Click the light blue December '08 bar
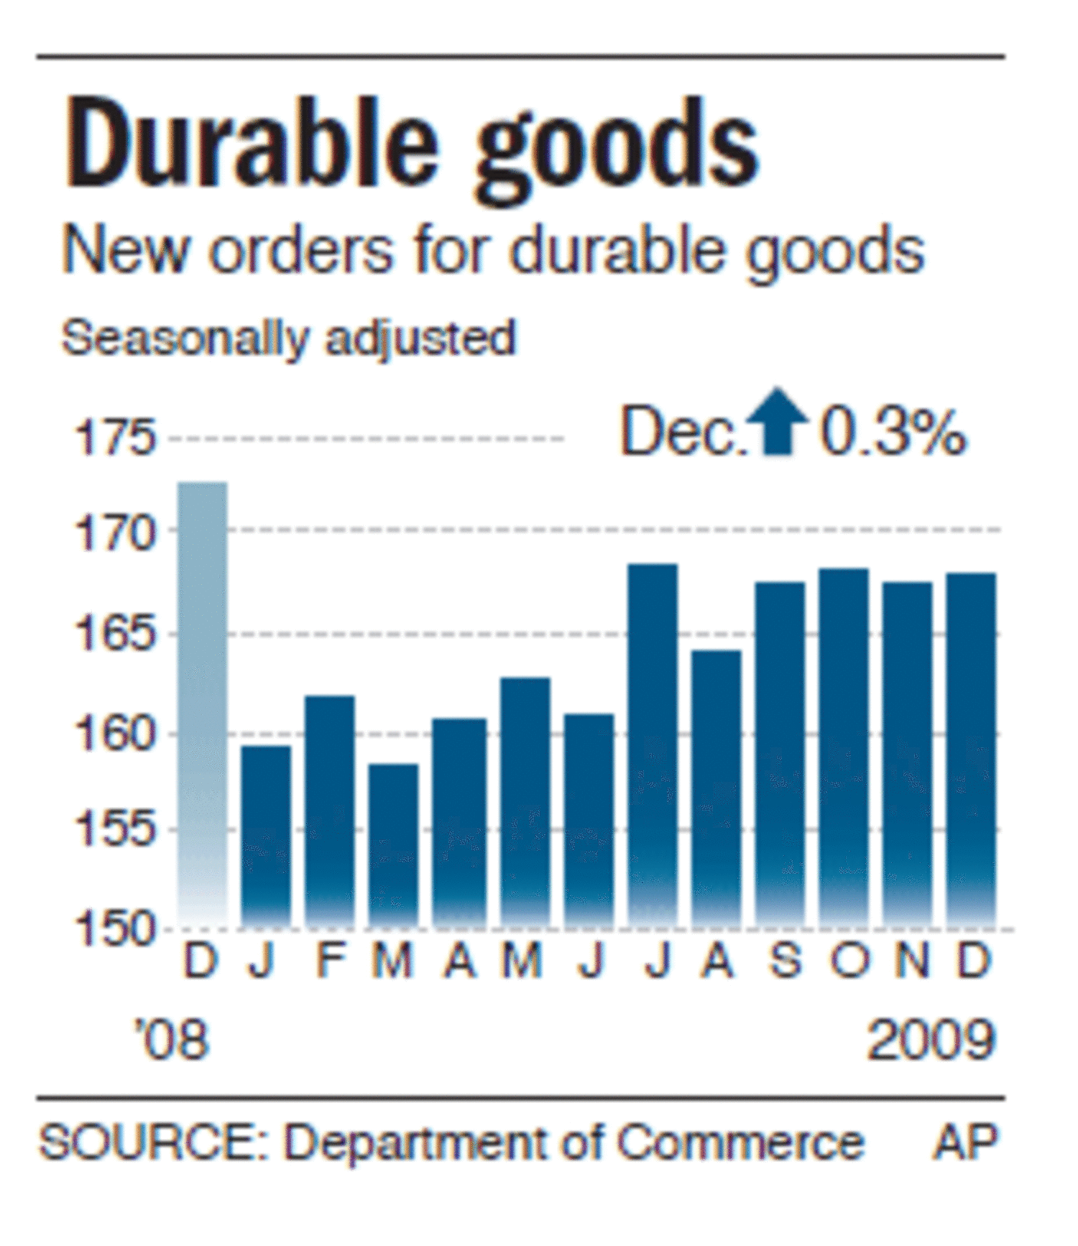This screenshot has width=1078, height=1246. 203,704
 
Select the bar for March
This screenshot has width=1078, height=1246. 393,844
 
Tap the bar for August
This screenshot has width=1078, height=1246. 716,787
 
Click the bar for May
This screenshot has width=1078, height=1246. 525,801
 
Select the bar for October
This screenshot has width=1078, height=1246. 844,747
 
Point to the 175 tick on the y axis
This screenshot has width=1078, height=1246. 115,437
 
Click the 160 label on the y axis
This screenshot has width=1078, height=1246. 115,734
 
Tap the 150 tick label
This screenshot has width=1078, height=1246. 115,928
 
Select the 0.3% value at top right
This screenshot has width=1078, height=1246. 893,433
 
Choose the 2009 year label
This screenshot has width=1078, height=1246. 931,1040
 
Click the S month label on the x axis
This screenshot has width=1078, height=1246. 785,960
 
